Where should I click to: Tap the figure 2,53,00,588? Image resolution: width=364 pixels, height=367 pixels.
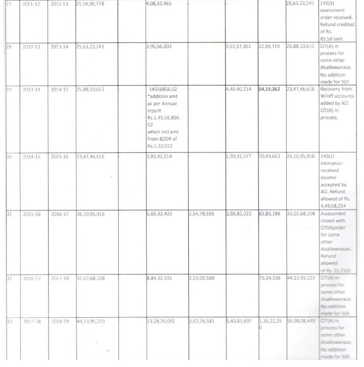(204, 276)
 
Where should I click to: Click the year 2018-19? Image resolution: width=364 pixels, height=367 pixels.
(60, 321)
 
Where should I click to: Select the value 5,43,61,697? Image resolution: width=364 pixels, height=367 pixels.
(239, 321)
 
